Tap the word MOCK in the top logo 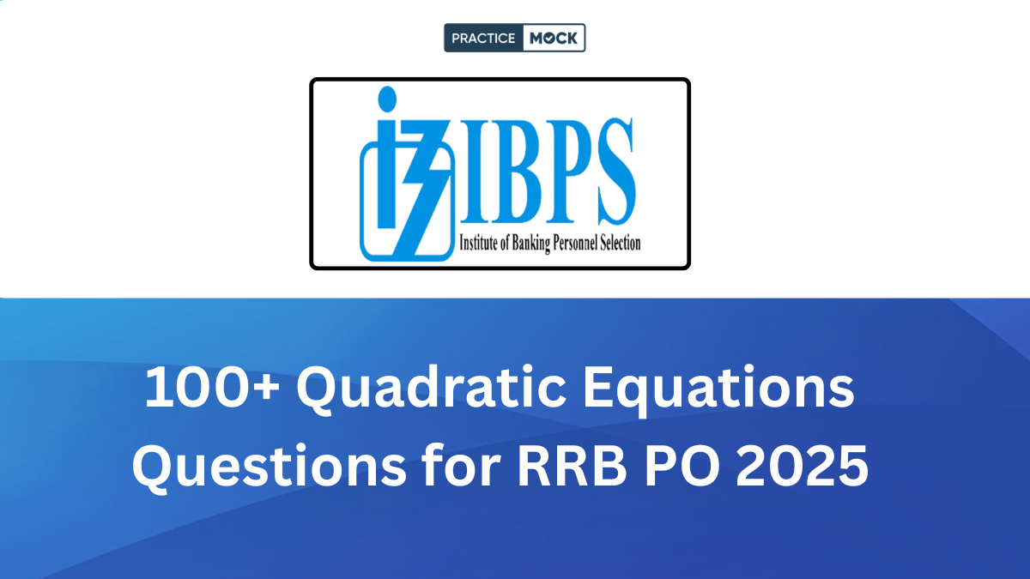[554, 38]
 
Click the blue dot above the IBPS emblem [386, 100]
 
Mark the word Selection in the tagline [621, 243]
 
